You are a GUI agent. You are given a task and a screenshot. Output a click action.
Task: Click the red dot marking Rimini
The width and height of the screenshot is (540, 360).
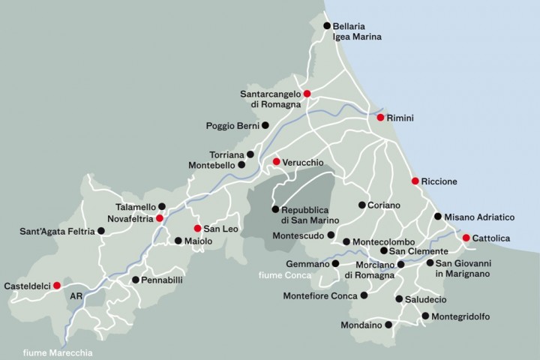click(380, 118)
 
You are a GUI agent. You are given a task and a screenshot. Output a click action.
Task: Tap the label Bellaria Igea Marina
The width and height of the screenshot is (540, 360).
click(357, 31)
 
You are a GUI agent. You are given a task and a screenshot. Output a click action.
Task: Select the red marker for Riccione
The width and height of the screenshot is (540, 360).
click(415, 181)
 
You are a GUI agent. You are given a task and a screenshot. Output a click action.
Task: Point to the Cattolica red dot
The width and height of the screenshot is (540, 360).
click(466, 238)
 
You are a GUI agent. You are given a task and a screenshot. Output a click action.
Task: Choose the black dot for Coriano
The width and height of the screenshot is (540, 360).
click(361, 205)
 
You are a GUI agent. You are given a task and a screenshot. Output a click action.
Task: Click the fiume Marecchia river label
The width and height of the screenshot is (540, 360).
click(55, 352)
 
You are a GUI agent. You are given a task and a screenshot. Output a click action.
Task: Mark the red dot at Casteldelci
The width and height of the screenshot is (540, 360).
click(57, 285)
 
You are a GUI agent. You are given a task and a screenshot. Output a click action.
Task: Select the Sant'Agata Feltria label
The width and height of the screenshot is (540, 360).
click(57, 232)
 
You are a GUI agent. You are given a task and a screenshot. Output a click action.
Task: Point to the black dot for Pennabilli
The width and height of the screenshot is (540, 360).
click(135, 280)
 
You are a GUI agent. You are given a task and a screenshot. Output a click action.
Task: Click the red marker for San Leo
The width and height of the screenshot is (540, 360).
click(197, 228)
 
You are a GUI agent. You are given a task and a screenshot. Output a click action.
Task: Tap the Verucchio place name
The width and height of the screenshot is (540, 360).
click(303, 162)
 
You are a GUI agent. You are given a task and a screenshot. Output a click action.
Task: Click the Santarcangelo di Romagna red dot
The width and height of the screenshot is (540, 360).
click(307, 93)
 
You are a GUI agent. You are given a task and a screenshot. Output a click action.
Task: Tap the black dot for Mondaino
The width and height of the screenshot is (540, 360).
click(388, 325)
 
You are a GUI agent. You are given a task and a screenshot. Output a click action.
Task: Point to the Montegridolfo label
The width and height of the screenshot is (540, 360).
click(461, 316)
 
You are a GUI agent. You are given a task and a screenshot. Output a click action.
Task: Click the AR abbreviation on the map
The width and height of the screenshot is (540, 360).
click(76, 296)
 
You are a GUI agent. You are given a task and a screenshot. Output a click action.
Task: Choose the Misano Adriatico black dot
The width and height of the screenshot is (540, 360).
click(437, 216)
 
